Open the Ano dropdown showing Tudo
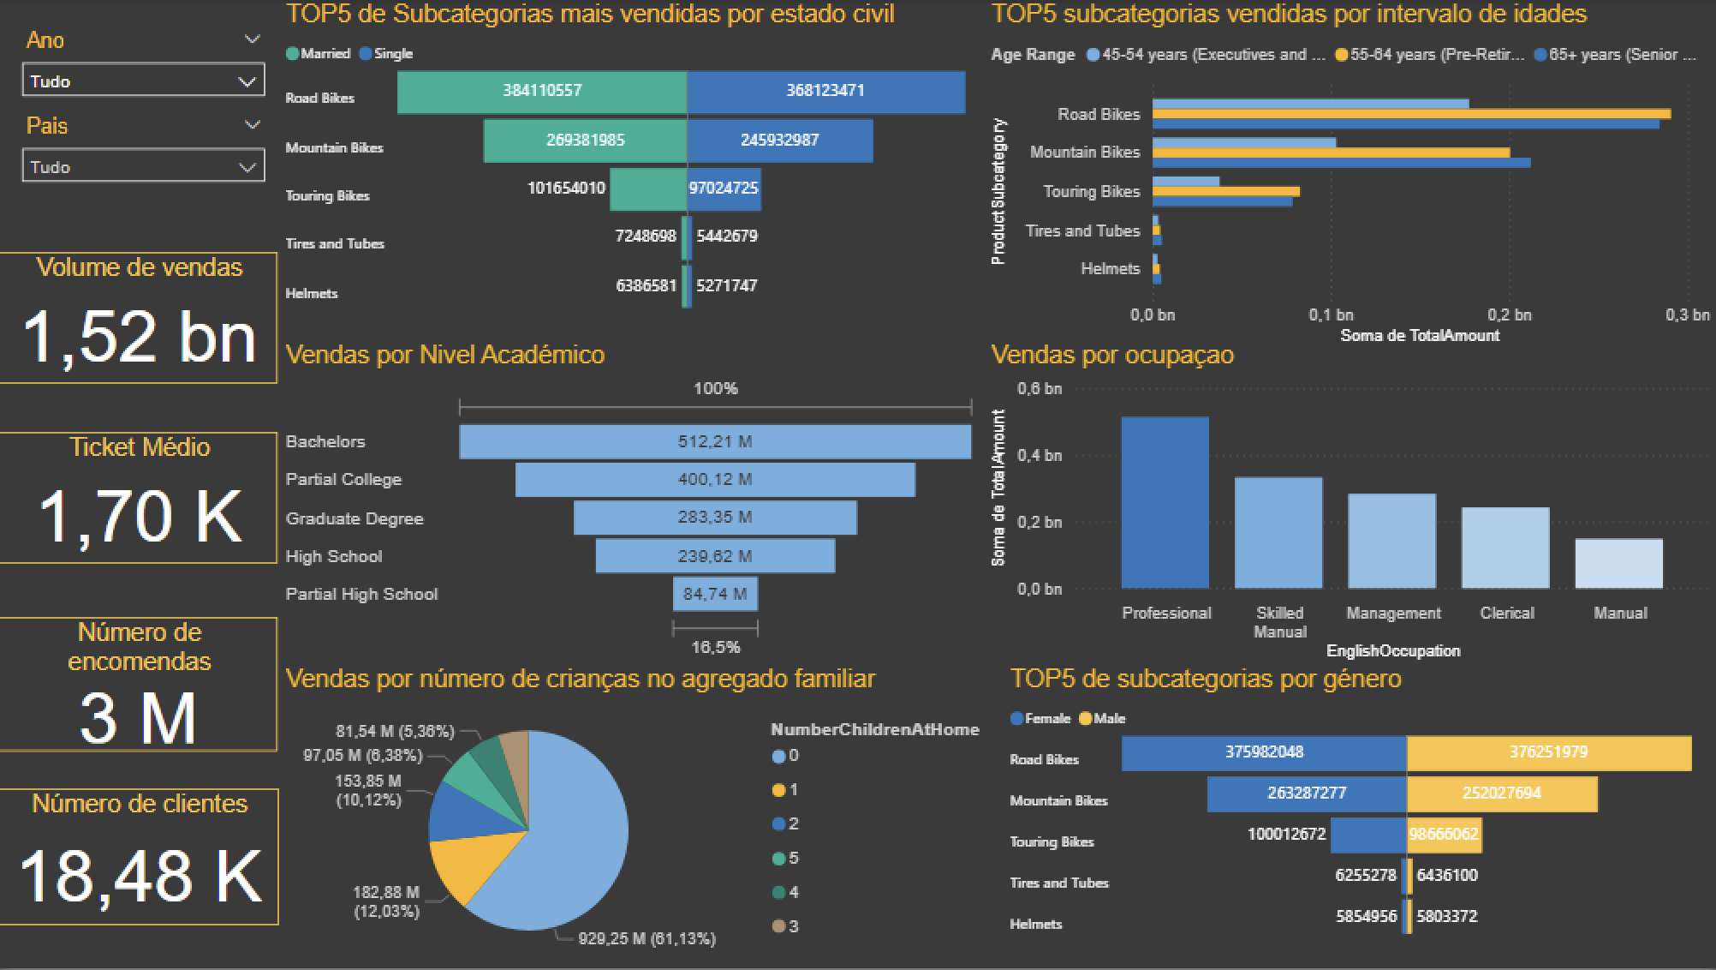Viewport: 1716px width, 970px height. tap(142, 81)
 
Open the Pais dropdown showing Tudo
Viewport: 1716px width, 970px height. tap(142, 167)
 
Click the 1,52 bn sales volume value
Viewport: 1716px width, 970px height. tap(140, 337)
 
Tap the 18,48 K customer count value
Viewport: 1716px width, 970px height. tap(140, 876)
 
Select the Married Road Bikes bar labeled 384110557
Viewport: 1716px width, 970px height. tap(541, 92)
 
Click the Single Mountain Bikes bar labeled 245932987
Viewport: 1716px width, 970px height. tap(779, 141)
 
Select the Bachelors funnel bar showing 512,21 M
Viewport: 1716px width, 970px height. tap(714, 441)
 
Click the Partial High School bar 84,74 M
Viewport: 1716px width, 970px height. tap(714, 594)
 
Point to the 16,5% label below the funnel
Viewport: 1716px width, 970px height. tap(715, 647)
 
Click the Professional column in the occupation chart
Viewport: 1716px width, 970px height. tap(1165, 503)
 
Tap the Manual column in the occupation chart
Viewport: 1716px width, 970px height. tap(1618, 563)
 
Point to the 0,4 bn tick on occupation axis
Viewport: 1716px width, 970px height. tap(1039, 455)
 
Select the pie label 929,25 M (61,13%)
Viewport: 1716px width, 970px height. tap(646, 938)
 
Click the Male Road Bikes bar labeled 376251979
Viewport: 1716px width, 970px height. tap(1548, 752)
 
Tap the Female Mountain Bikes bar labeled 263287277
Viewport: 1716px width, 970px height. tap(1306, 793)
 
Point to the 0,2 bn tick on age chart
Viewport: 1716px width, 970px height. tap(1509, 314)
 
